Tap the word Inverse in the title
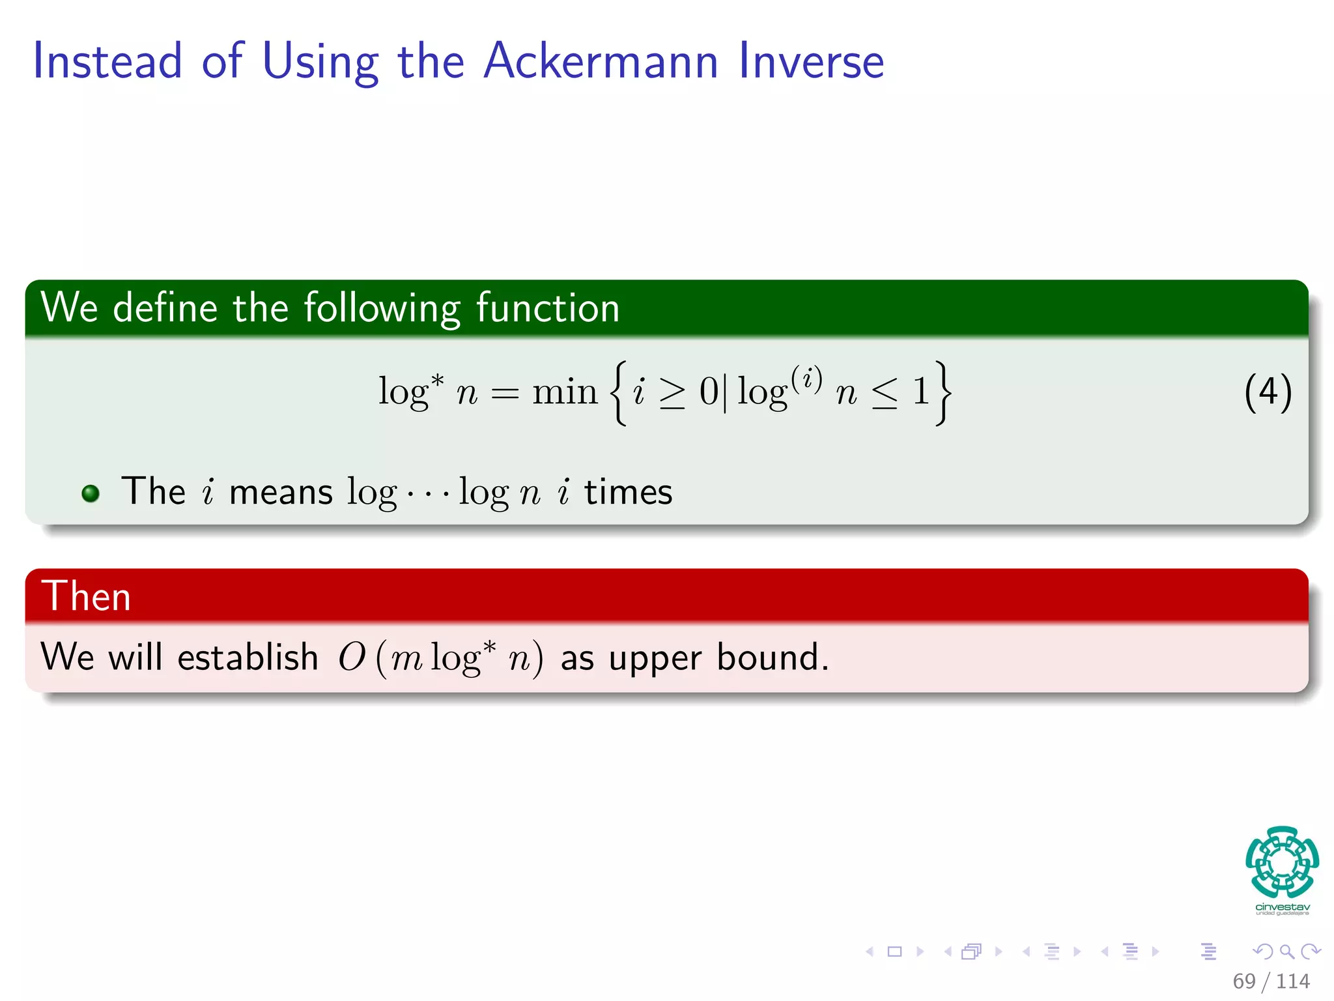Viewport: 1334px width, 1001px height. [811, 61]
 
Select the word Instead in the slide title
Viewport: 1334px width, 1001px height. [107, 61]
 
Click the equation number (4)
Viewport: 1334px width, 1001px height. [1268, 392]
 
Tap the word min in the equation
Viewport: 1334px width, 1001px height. [564, 392]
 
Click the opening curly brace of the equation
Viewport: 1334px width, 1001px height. [619, 392]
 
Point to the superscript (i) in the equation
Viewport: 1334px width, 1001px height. [806, 378]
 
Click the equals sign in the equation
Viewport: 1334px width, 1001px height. [505, 394]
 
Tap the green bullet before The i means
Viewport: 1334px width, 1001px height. [91, 493]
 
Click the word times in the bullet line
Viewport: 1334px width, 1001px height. [628, 492]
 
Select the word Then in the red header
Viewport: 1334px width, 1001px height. [86, 596]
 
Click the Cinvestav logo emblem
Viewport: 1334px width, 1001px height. [1282, 862]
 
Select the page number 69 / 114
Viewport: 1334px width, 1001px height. [1270, 981]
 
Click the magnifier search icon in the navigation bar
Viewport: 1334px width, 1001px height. [1286, 951]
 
